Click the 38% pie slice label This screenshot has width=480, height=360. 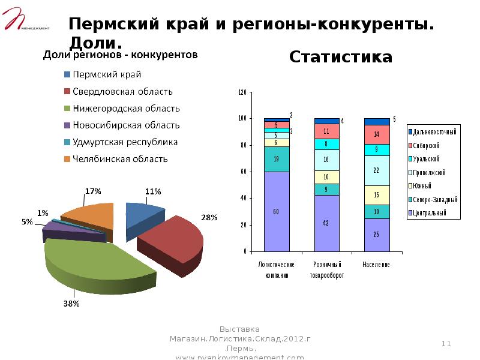[x=71, y=303]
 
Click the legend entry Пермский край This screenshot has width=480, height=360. [x=107, y=75]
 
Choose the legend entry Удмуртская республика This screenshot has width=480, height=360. [x=125, y=142]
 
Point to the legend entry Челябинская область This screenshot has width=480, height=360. [x=120, y=159]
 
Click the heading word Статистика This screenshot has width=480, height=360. [x=341, y=57]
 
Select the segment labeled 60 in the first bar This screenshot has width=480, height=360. [x=277, y=211]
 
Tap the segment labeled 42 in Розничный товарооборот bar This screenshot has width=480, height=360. [x=326, y=223]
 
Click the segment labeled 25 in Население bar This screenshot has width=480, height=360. [x=377, y=235]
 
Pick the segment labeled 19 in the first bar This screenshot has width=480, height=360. [x=277, y=159]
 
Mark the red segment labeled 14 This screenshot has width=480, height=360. [x=377, y=134]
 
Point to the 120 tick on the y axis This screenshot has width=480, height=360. [x=242, y=92]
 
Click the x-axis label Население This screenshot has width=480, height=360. [x=376, y=264]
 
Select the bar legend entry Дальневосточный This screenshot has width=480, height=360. [x=434, y=131]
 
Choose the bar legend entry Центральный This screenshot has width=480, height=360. [x=430, y=212]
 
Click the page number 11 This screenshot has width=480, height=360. [x=446, y=343]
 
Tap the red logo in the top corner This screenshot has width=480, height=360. [x=18, y=18]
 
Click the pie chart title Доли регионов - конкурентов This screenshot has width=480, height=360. [x=119, y=55]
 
